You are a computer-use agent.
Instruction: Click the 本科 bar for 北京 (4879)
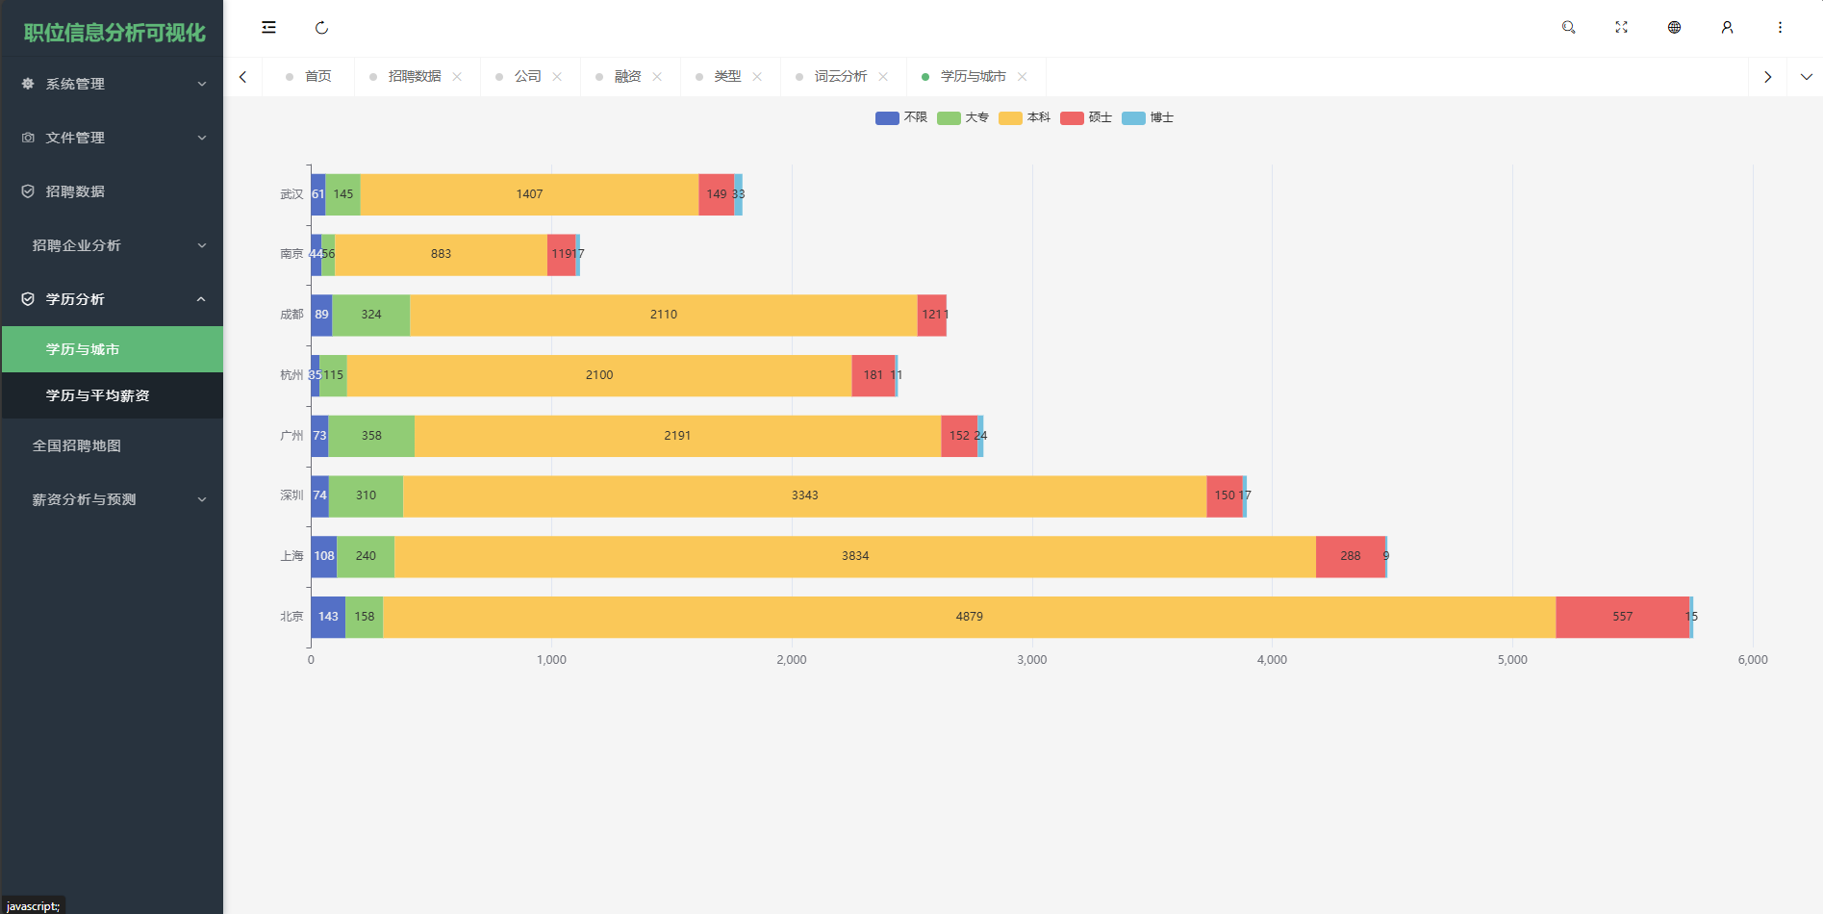click(969, 617)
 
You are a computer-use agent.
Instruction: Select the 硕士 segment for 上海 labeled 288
click(1350, 556)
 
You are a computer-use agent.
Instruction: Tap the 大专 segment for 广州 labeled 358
click(371, 436)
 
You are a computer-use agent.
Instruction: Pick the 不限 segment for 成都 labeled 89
click(321, 315)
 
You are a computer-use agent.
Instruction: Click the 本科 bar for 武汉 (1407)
click(529, 194)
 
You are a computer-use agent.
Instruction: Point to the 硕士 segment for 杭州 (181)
click(873, 375)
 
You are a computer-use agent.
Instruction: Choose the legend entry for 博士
click(1148, 117)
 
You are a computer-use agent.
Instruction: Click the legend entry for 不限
click(901, 117)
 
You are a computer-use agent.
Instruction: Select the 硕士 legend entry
click(1086, 117)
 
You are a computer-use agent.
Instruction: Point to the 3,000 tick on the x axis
click(1031, 660)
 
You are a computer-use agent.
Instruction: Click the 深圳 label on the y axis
click(291, 495)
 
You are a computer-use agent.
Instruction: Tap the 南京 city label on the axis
click(291, 254)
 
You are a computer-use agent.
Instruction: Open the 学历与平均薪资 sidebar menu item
click(97, 395)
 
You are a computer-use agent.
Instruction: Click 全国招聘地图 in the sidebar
click(77, 445)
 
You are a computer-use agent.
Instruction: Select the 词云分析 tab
click(840, 76)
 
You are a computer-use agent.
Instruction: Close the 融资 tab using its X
click(657, 76)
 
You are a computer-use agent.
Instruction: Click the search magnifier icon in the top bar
click(1568, 27)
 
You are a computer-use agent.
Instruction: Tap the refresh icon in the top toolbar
click(321, 27)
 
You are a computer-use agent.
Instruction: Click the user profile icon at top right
click(1727, 27)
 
